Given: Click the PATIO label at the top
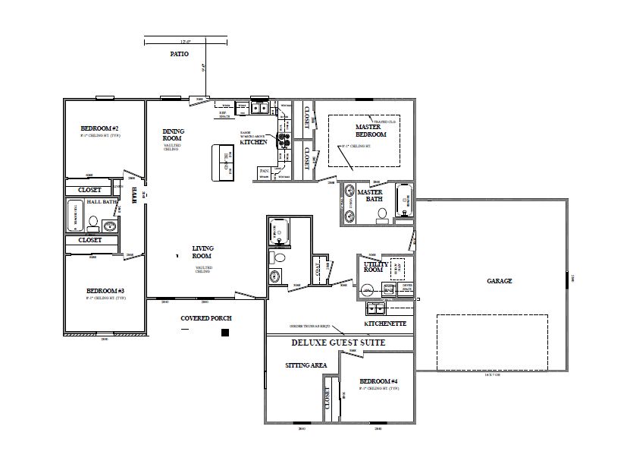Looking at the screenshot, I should click(179, 55).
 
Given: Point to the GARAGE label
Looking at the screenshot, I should click(500, 281).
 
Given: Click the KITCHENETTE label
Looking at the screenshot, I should click(385, 324).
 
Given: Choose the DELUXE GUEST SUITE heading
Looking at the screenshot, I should click(339, 343).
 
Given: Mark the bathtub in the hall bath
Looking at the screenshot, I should click(75, 216).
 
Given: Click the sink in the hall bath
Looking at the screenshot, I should click(110, 226).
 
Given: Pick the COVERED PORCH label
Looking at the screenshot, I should click(205, 317).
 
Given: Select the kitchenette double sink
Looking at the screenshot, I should click(376, 308).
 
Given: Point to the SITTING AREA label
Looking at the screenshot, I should click(306, 365).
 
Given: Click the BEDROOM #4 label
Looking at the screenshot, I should click(379, 380).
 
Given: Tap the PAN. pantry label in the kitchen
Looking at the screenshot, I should click(264, 171).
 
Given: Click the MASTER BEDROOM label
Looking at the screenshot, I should click(371, 131).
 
